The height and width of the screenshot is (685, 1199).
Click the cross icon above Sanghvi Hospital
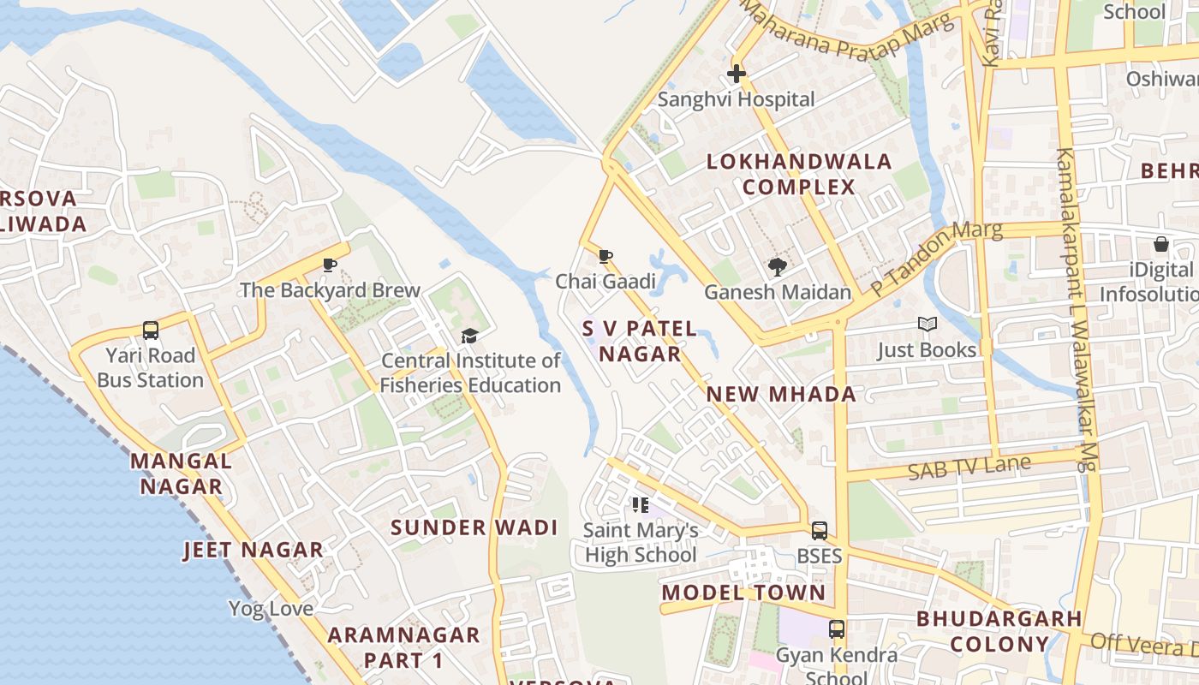[x=736, y=74]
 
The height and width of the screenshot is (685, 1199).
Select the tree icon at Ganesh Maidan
[x=777, y=267]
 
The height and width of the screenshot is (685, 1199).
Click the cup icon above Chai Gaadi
[x=605, y=256]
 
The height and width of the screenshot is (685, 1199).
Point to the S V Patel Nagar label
[x=640, y=341]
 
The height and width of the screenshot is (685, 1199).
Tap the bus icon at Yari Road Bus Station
[x=151, y=330]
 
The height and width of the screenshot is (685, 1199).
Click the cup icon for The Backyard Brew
[x=330, y=265]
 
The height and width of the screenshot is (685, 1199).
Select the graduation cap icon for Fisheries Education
[x=469, y=336]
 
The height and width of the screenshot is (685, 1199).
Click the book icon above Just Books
[x=927, y=325]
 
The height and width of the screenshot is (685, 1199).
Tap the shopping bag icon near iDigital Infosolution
[x=1160, y=244]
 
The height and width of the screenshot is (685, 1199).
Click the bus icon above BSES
[x=820, y=530]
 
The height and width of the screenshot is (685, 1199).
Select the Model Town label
[x=743, y=593]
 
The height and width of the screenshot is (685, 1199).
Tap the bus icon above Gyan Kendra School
[x=837, y=629]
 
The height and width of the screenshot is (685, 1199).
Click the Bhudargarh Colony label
[x=999, y=631]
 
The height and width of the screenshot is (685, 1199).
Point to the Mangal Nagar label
[x=181, y=474]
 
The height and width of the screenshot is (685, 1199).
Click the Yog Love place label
[x=271, y=609]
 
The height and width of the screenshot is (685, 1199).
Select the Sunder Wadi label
[x=474, y=527]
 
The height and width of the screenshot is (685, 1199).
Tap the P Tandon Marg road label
[x=935, y=259]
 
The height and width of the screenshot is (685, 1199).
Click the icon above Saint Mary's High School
[x=641, y=505]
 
